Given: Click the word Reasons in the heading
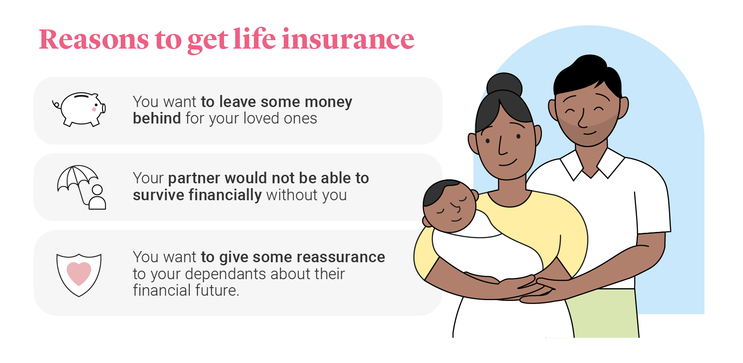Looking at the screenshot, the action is pos(94,40).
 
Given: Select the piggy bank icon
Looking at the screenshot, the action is pos(79,109).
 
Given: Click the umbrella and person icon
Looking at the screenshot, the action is pos(82,187).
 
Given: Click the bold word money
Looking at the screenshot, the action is pos(328,102).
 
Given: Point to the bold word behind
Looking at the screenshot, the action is pos(157,118).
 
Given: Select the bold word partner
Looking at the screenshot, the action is pos(194,179).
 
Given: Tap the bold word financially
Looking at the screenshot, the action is pos(225,195).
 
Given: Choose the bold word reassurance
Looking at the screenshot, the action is pos(341,257).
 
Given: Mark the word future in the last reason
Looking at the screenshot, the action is pos(217,290).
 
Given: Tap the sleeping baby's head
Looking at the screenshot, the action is pos(449,206).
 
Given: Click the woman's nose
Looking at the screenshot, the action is pos(502,146).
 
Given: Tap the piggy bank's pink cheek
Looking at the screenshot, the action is pos(94,109).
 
